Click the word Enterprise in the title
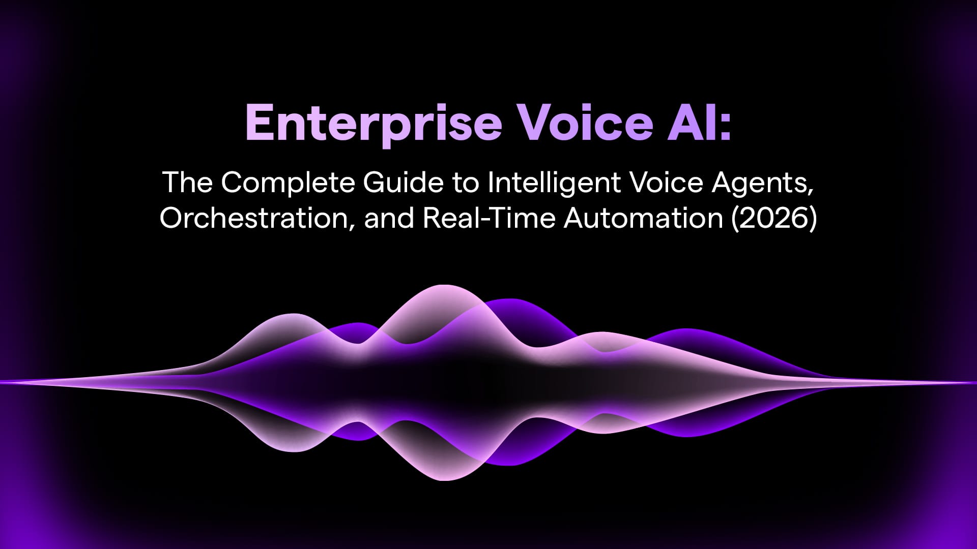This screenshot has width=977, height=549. coord(373,124)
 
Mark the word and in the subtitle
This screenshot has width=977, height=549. coord(389,218)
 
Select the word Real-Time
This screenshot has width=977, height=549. coord(489,218)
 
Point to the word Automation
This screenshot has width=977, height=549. coord(643,218)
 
